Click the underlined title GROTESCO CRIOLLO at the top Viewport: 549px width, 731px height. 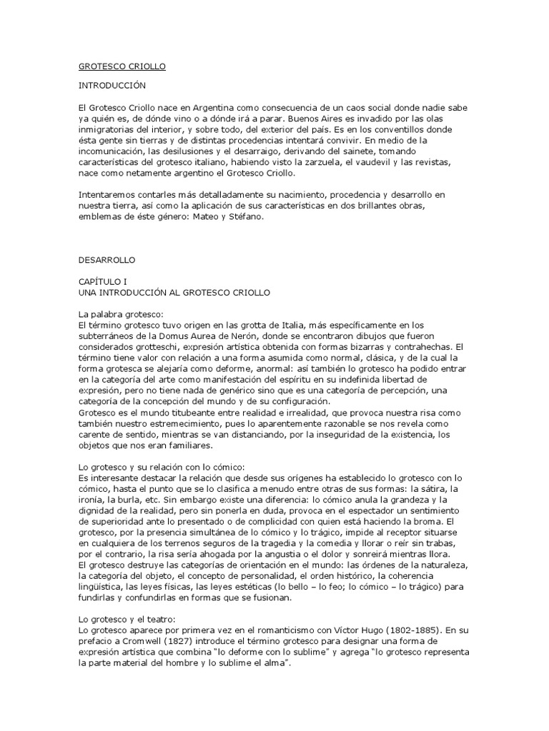[x=122, y=66]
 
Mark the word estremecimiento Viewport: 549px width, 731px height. [x=173, y=423]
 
